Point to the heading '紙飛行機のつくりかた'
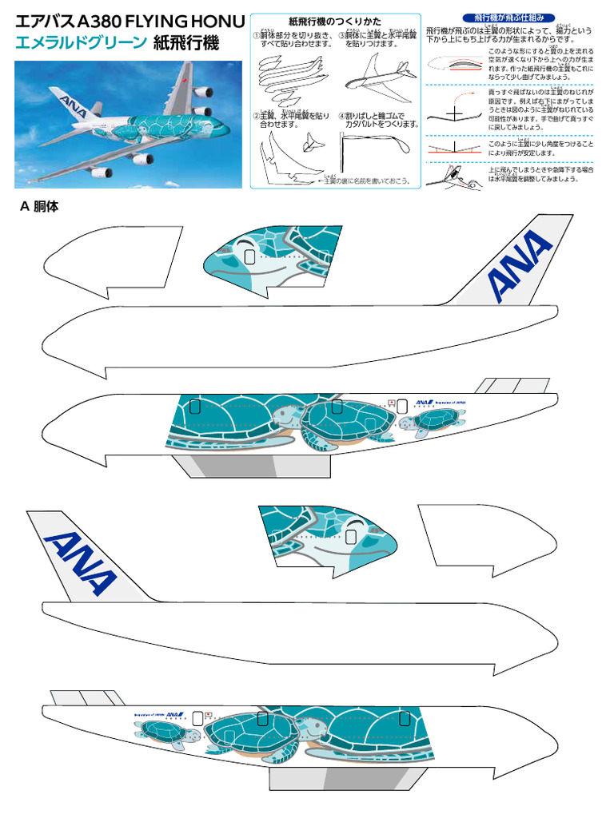tap(335, 22)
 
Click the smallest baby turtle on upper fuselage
tap(435, 420)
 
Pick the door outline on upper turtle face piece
tap(249, 256)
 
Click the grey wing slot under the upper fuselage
tap(236, 465)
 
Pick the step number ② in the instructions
tap(256, 116)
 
